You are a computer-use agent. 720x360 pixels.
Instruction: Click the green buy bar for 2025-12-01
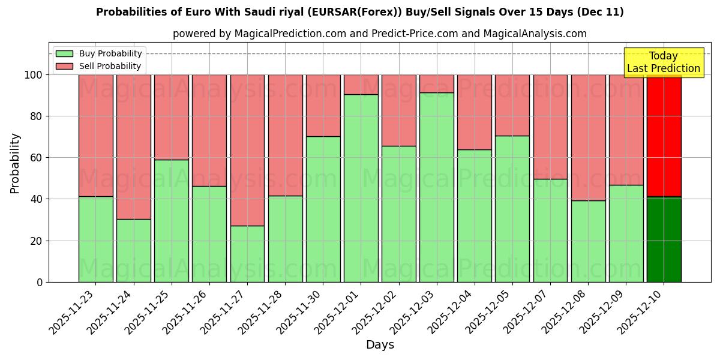[x=361, y=188]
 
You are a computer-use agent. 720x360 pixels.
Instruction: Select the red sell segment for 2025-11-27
[x=247, y=150]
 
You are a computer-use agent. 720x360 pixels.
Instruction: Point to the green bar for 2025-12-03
[x=437, y=187]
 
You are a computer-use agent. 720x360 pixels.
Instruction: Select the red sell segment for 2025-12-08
[x=588, y=137]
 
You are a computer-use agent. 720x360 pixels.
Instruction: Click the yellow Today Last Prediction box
[x=663, y=62]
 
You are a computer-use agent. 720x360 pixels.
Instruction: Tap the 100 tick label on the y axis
[x=34, y=75]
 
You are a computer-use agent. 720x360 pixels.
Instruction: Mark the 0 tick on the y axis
[x=40, y=282]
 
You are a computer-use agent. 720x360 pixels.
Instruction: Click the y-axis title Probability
[x=15, y=163]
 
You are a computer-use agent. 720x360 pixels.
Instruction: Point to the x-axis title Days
[x=380, y=344]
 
